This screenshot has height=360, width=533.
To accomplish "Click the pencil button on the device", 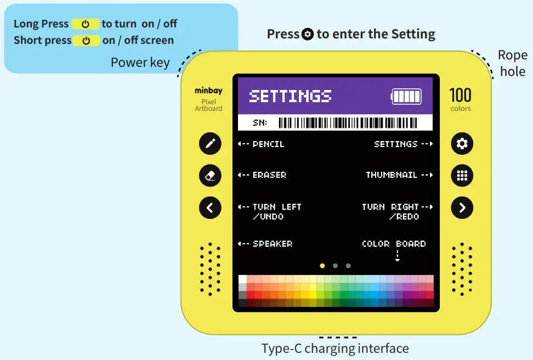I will [x=210, y=144].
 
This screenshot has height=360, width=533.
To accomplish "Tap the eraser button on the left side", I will [x=210, y=176].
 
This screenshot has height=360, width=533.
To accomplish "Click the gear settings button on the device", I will [x=462, y=144].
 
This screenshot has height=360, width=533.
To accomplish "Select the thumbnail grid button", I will [x=462, y=176].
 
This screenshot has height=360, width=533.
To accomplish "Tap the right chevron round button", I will [x=462, y=207].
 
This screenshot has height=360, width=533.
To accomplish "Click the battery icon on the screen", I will [x=406, y=96].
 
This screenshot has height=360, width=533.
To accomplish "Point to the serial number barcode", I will [x=348, y=122].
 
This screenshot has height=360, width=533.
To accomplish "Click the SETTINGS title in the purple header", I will [x=290, y=96].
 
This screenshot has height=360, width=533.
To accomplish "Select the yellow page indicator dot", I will [x=322, y=266].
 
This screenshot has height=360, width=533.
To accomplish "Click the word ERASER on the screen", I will [x=269, y=175].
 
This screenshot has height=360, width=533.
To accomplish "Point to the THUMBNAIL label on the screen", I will [x=392, y=175].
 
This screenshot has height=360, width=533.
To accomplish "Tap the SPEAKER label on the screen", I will [x=272, y=244].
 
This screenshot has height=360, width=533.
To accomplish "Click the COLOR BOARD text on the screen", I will [x=394, y=244].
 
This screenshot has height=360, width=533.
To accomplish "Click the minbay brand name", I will [x=208, y=91].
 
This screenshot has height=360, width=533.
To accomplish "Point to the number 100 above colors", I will [x=460, y=95].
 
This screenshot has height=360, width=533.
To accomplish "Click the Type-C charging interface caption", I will [x=335, y=348].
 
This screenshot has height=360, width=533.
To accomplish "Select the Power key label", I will [x=140, y=62].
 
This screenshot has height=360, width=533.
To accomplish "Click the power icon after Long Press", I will [x=86, y=24].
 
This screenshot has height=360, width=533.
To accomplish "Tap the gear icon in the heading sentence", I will [x=308, y=35].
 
